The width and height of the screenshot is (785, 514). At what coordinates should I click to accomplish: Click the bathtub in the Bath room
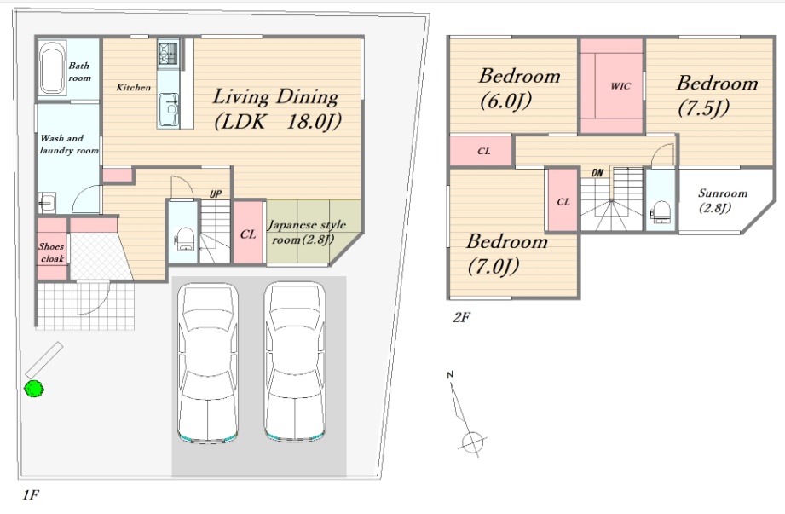click(52, 68)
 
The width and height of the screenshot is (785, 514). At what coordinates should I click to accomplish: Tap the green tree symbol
click(34, 389)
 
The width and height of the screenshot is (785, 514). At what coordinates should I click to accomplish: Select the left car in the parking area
click(208, 362)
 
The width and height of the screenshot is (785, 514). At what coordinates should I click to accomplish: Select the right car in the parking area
click(295, 362)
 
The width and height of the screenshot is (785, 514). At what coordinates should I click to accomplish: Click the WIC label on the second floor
click(620, 86)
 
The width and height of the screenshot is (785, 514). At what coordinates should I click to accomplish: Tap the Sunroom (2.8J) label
click(723, 200)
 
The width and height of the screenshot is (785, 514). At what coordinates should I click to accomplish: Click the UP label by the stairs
click(216, 194)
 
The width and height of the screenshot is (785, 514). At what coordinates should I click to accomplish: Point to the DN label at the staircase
click(597, 173)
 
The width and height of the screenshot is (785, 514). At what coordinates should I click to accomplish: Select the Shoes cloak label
click(51, 252)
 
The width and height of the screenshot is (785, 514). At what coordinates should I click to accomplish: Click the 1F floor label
click(31, 495)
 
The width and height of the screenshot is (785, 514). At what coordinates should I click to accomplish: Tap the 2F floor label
click(461, 317)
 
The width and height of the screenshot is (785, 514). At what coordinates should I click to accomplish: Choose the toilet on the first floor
click(185, 238)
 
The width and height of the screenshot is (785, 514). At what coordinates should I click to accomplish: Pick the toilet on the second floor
click(661, 211)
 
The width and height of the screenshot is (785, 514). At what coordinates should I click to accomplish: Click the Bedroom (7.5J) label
click(717, 95)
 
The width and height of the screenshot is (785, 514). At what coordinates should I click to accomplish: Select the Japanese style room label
click(306, 232)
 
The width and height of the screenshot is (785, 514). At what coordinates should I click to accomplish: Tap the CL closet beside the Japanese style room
click(248, 234)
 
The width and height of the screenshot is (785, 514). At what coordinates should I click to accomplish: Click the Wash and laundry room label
click(69, 144)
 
